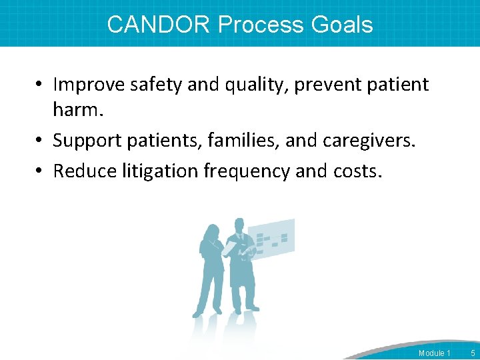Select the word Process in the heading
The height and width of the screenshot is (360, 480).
pyautogui.click(x=261, y=25)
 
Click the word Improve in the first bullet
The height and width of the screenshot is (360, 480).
pyautogui.click(x=86, y=85)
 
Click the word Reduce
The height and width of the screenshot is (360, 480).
pyautogui.click(x=85, y=171)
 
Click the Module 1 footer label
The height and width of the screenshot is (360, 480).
pyautogui.click(x=434, y=353)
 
